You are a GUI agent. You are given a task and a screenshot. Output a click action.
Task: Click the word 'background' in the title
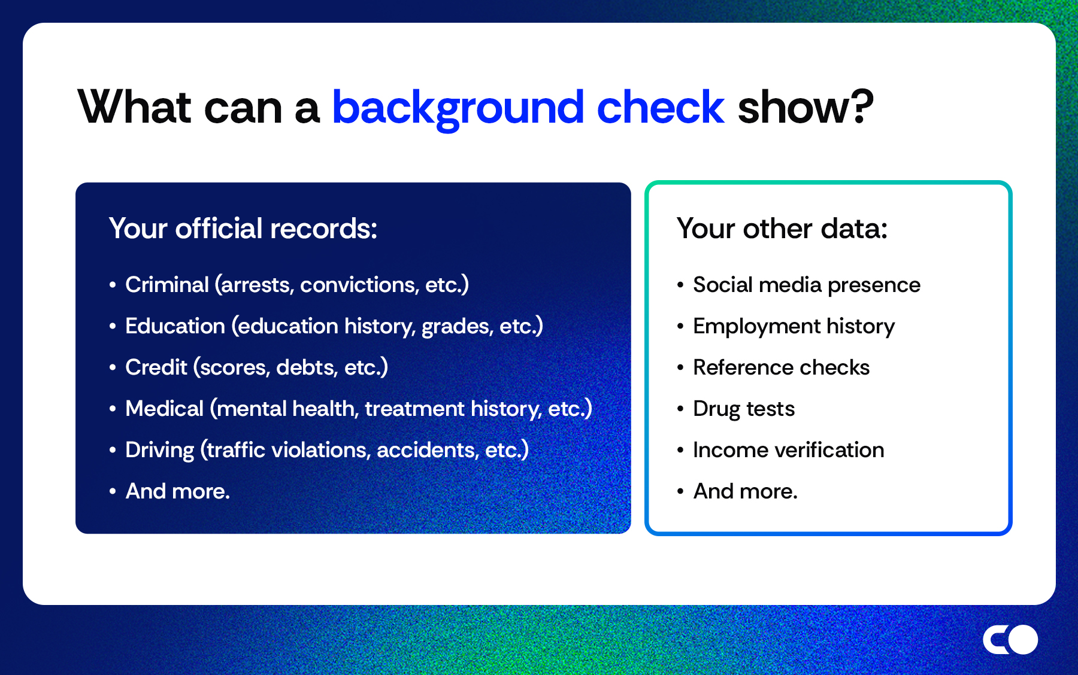[x=458, y=108]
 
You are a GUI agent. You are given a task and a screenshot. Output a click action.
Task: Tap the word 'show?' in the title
[x=805, y=108]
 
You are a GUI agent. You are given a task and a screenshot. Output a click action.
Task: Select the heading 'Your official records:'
[x=243, y=229]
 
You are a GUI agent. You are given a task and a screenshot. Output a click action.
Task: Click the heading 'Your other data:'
[x=782, y=229]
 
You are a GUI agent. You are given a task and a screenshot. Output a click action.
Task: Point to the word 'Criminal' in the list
[x=166, y=285]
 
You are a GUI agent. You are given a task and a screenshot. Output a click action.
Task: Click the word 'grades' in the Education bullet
[x=456, y=327]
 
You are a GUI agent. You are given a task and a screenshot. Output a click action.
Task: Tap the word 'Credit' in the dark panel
[x=156, y=367]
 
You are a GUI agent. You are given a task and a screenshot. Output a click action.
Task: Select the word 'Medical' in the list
[x=164, y=409]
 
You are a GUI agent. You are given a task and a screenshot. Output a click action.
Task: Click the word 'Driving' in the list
[x=159, y=450]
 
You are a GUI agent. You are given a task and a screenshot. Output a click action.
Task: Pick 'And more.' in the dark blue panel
[x=177, y=491]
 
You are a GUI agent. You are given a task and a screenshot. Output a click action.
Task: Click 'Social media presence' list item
[x=806, y=285]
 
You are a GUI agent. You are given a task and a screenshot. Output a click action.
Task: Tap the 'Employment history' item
[x=794, y=327]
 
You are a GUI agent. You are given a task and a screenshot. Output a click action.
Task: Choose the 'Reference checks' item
[x=781, y=367]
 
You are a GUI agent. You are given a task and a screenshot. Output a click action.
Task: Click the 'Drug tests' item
[x=743, y=409]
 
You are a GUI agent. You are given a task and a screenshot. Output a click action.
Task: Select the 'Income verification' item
[x=788, y=450]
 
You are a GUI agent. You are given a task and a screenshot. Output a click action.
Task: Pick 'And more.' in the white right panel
[x=745, y=491]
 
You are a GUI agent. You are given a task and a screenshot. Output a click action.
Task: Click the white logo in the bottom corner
[x=1010, y=640]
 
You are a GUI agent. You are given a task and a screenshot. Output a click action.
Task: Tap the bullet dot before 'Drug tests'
[x=680, y=409]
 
